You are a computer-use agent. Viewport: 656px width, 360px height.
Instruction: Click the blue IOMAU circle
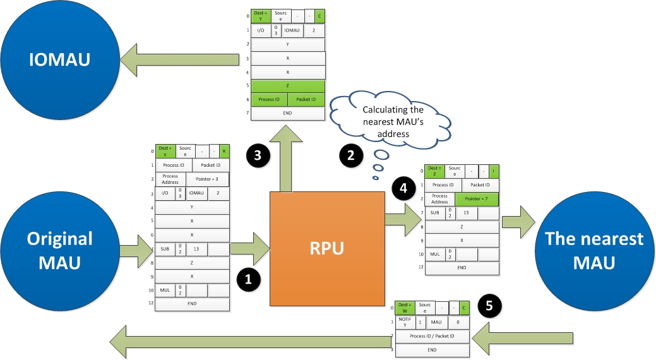click(x=60, y=59)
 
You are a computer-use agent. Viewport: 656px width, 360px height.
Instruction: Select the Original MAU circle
click(x=59, y=250)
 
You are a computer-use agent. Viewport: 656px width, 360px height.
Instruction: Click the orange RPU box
click(x=328, y=249)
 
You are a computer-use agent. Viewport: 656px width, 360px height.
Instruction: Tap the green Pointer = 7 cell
click(x=477, y=199)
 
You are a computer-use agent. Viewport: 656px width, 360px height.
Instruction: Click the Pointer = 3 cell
click(x=207, y=179)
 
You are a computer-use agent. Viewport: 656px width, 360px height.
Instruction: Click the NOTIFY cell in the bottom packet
click(x=405, y=322)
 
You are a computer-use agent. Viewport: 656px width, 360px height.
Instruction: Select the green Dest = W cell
click(x=404, y=308)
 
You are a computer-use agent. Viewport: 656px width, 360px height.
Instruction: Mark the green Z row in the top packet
click(x=288, y=85)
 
